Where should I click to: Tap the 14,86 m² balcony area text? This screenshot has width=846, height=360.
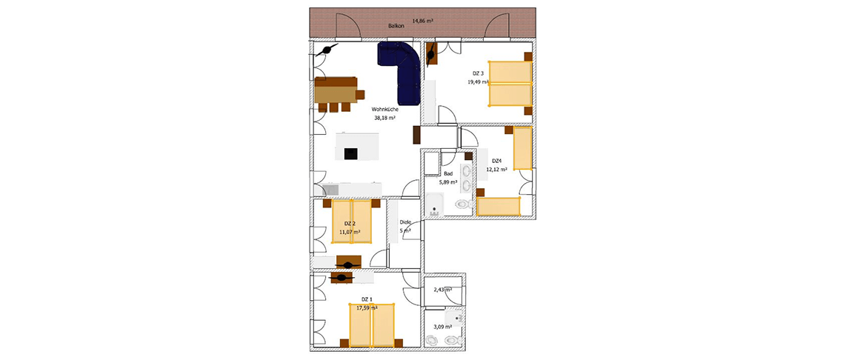click(x=423, y=21)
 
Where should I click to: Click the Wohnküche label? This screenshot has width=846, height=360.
click(x=384, y=109)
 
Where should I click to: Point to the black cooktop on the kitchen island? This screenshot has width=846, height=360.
click(x=350, y=154)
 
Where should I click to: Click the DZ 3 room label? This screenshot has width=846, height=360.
click(x=478, y=73)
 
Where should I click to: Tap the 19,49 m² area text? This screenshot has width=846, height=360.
click(x=478, y=82)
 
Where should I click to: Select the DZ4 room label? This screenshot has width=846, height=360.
click(x=497, y=160)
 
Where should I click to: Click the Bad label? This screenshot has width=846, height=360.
click(x=448, y=174)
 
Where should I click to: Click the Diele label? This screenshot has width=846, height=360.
click(x=405, y=221)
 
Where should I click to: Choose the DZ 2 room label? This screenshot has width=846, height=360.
click(x=350, y=224)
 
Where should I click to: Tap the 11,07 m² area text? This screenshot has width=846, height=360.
click(x=350, y=232)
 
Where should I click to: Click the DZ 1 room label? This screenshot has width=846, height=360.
click(x=367, y=299)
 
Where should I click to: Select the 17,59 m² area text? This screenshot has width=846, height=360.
click(x=367, y=307)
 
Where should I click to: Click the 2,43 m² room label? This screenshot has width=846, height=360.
click(x=442, y=290)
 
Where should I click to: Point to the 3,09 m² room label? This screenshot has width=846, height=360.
click(x=442, y=327)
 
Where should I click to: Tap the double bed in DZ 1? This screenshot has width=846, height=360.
click(x=372, y=325)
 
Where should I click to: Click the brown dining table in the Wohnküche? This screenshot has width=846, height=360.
click(x=336, y=90)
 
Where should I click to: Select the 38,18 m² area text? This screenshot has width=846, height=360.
click(x=385, y=118)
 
